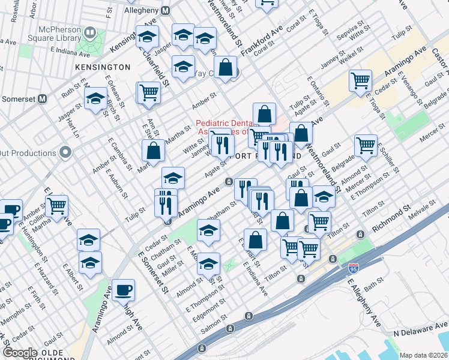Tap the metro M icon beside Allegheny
click(x=166, y=11)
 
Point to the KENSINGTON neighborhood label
click(x=102, y=67)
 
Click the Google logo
click(x=20, y=352)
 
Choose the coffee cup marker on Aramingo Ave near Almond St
click(x=124, y=290)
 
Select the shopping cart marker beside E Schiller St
click(x=366, y=145)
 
